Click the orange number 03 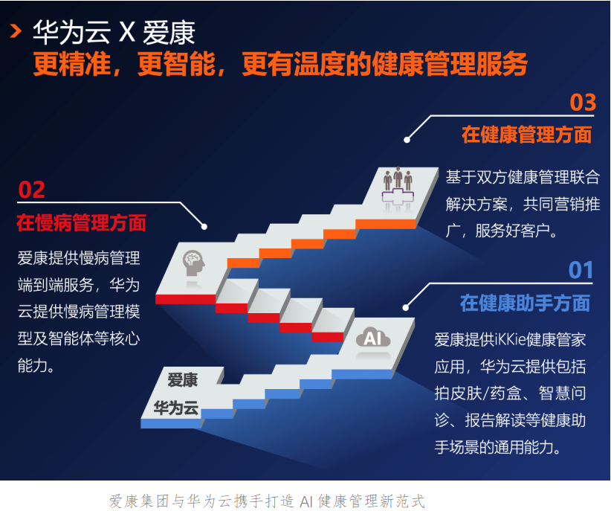tap(583, 102)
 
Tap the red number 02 tap(31, 190)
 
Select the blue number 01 tap(581, 270)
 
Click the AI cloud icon tap(373, 338)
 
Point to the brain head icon tap(194, 263)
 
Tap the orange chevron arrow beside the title tap(16, 30)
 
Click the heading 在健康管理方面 tap(527, 135)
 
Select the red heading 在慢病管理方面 tap(82, 222)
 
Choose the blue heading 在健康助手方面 tap(526, 303)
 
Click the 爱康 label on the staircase tap(183, 379)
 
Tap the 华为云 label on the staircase tap(176, 408)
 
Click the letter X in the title tap(126, 32)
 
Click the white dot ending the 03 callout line tap(407, 140)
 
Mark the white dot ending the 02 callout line tap(204, 227)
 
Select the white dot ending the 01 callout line tap(406, 308)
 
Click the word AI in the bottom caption tap(307, 501)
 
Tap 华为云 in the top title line tap(72, 32)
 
